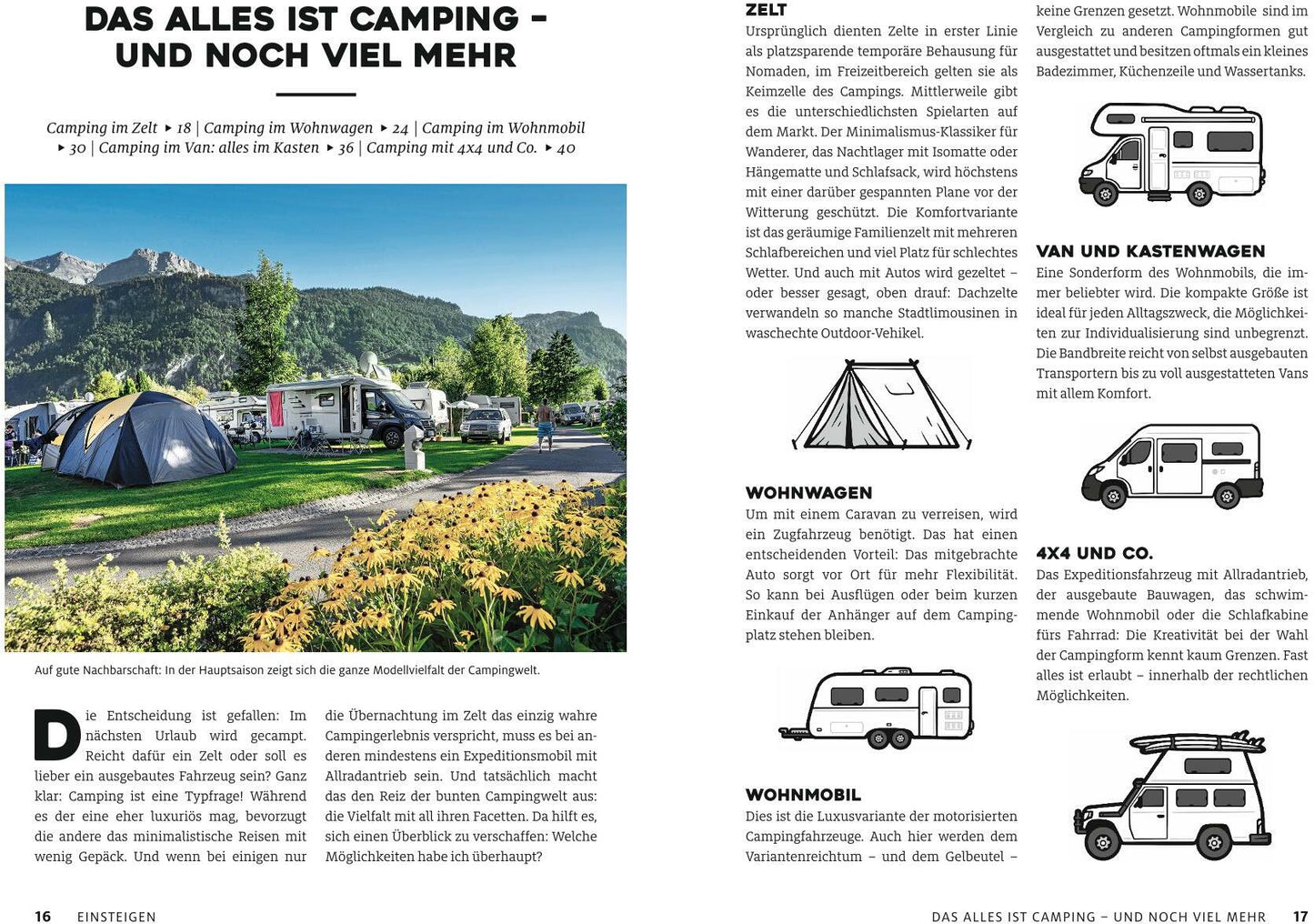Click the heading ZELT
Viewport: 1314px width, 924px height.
766,10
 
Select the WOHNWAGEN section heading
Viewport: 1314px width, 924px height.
808,493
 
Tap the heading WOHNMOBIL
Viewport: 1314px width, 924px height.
802,795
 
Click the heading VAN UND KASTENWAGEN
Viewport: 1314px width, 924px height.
1149,252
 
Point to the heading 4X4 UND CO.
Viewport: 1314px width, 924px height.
1094,554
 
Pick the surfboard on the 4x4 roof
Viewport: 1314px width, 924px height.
1198,743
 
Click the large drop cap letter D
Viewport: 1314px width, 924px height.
56,735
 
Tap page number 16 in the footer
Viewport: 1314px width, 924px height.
43,917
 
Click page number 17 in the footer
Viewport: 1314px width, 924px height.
1299,917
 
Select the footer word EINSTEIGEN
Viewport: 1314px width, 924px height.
116,917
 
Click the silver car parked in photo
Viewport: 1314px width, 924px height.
486,425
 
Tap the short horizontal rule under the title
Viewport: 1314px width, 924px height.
316,94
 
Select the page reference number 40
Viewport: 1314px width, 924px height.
566,148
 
